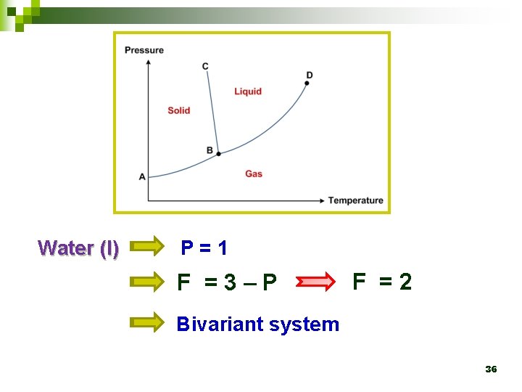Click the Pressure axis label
click(x=144, y=50)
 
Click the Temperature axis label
click(x=355, y=200)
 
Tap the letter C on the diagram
click(x=205, y=66)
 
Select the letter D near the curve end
click(x=310, y=75)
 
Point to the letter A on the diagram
click(x=142, y=176)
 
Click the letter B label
click(x=210, y=150)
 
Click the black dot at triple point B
click(x=218, y=153)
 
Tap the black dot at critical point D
click(x=307, y=83)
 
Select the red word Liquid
click(x=248, y=91)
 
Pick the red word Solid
click(x=178, y=110)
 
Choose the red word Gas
click(x=254, y=173)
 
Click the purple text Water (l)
click(x=78, y=248)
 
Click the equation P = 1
click(x=204, y=248)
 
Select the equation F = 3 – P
click(x=227, y=282)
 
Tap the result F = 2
click(x=382, y=281)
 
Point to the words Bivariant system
click(x=258, y=324)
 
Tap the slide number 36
click(x=491, y=369)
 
